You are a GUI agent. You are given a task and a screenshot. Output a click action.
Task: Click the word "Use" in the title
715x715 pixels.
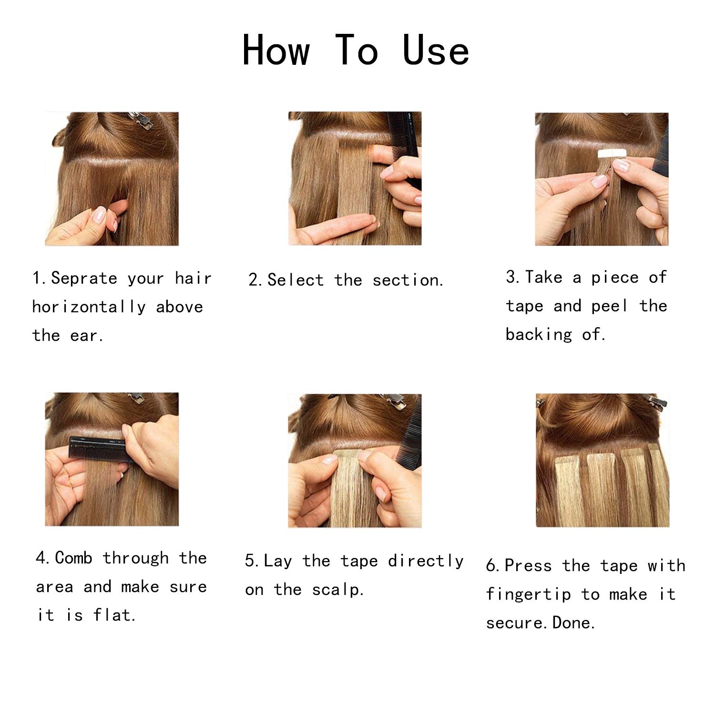[436, 50]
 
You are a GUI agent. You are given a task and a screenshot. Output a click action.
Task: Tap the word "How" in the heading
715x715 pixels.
[276, 50]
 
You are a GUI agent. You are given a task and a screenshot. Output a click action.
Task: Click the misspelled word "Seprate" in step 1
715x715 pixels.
[84, 278]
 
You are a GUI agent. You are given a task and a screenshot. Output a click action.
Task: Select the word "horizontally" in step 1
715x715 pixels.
[89, 307]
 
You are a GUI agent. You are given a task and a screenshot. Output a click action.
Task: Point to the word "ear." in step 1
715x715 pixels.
[87, 336]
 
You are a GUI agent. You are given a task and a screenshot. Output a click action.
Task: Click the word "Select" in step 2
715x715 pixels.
[296, 280]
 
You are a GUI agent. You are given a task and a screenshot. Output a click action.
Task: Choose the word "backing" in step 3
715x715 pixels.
[539, 335]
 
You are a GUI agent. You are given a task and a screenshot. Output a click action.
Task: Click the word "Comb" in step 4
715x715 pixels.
[74, 558]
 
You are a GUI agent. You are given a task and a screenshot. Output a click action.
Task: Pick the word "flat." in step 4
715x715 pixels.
[114, 615]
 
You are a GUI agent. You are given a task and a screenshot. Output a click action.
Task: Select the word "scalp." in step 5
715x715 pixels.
[338, 590]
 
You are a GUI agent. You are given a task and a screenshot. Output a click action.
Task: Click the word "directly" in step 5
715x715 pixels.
[426, 562]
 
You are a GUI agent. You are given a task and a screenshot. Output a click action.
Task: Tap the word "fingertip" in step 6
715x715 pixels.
[529, 595]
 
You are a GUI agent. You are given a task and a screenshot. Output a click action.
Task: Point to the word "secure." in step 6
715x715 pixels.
[518, 623]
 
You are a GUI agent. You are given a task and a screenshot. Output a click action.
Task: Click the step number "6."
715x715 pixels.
[493, 566]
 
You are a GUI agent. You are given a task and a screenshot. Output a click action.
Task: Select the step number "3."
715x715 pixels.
[513, 277]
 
